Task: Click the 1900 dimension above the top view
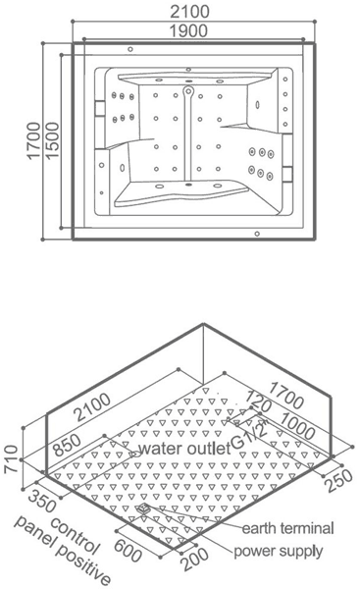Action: [188, 30]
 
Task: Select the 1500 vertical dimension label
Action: [53, 140]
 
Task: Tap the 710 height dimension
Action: [11, 458]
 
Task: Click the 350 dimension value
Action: [42, 501]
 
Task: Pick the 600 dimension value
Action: [128, 550]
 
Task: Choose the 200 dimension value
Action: [195, 560]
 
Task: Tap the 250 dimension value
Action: [339, 481]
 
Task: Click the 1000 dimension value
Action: [297, 426]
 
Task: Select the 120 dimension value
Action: [258, 401]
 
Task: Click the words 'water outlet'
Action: [184, 449]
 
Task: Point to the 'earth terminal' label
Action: [288, 528]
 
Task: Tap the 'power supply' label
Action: [279, 552]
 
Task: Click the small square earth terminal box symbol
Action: [144, 509]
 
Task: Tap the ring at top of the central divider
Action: [188, 90]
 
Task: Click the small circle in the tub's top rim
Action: [130, 49]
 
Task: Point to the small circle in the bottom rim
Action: [257, 234]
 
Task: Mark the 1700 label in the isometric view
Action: [286, 396]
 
